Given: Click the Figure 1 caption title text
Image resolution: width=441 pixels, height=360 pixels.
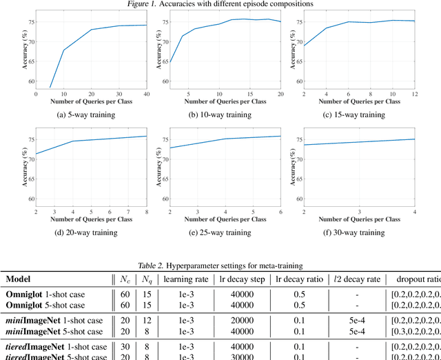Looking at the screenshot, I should [220, 4].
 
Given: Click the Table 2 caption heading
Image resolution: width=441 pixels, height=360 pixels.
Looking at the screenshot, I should [220, 266].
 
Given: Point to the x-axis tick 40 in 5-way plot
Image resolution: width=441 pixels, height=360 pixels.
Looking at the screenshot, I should [145, 94].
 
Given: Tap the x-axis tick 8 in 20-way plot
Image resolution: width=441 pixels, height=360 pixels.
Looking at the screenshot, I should [145, 211].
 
